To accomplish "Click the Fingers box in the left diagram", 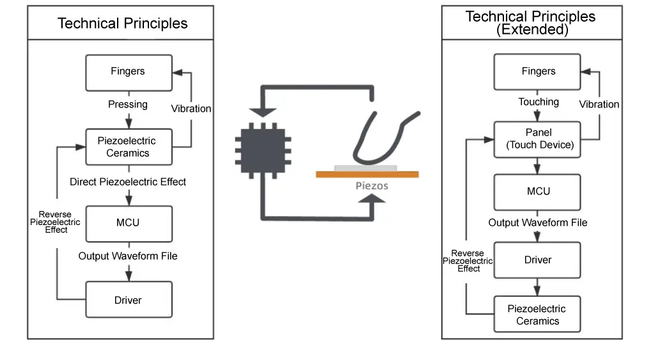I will pyautogui.click(x=129, y=72).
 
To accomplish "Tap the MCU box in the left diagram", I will pyautogui.click(x=129, y=223).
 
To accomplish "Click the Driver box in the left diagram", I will pyautogui.click(x=129, y=300).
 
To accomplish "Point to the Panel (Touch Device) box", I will pyautogui.click(x=537, y=139).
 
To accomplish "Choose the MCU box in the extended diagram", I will pyautogui.click(x=537, y=191).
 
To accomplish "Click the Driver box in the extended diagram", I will pyautogui.click(x=537, y=260).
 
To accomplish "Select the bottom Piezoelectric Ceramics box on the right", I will pyautogui.click(x=537, y=315).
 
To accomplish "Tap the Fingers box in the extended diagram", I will pyautogui.click(x=537, y=72).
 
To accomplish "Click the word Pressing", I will pyautogui.click(x=128, y=104).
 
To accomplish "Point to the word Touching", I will pyautogui.click(x=538, y=102).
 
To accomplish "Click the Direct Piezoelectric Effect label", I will pyautogui.click(x=128, y=182).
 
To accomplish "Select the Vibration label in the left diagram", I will pyautogui.click(x=191, y=109).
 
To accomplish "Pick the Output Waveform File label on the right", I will pyautogui.click(x=537, y=223).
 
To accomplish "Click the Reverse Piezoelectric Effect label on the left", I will pyautogui.click(x=56, y=222).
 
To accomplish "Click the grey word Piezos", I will pyautogui.click(x=372, y=186).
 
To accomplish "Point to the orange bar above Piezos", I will pyautogui.click(x=367, y=174).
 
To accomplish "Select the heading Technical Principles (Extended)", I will pyautogui.click(x=531, y=23).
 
